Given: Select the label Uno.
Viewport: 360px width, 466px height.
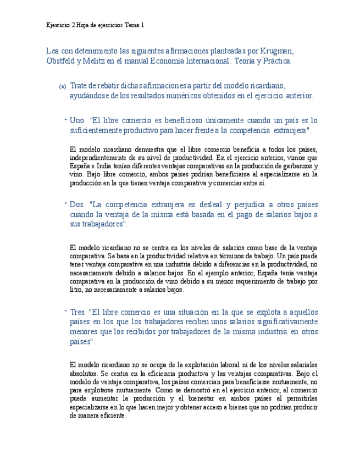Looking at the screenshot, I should (78, 120).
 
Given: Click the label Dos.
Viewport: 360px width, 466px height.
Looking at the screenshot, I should (78, 204).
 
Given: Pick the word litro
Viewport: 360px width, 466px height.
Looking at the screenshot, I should (77, 289).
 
